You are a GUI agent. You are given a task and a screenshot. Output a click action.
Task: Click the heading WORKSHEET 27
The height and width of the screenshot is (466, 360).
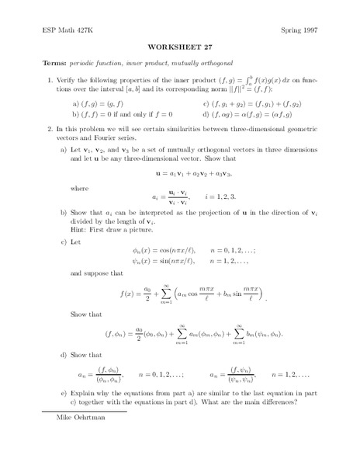point(179,46)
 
